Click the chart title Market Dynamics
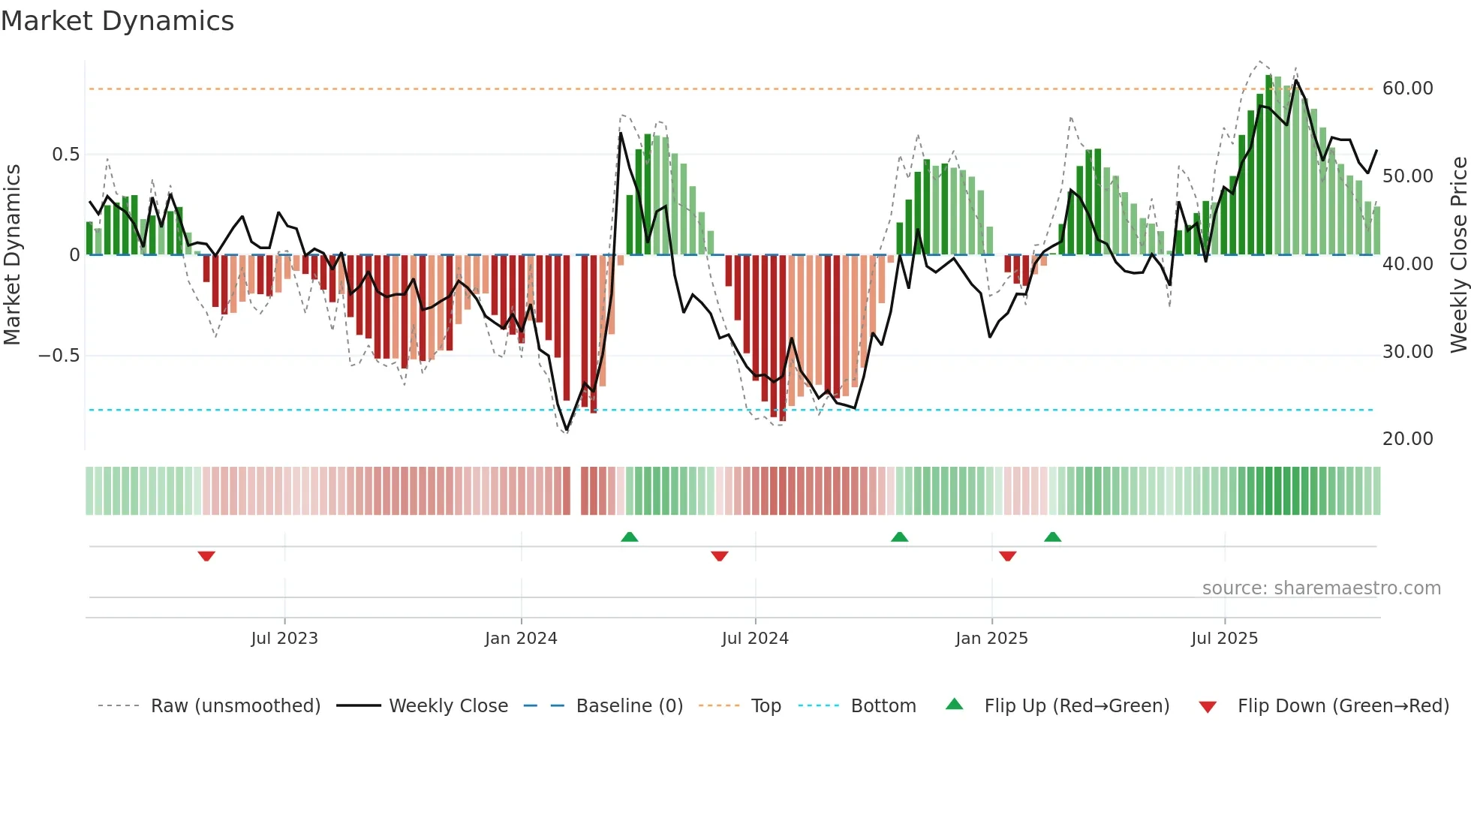point(117,21)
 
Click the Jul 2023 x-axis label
point(284,639)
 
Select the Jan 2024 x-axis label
point(521,639)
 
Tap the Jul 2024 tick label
point(755,639)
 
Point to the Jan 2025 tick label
point(991,639)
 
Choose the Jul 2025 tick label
point(1224,639)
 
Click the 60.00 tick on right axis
point(1407,89)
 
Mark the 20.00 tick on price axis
point(1407,439)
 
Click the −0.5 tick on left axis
point(59,356)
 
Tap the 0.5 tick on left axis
point(65,155)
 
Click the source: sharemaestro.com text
point(1321,588)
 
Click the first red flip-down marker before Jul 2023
point(206,556)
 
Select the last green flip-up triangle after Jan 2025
point(1052,537)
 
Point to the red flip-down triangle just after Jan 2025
point(1007,556)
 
